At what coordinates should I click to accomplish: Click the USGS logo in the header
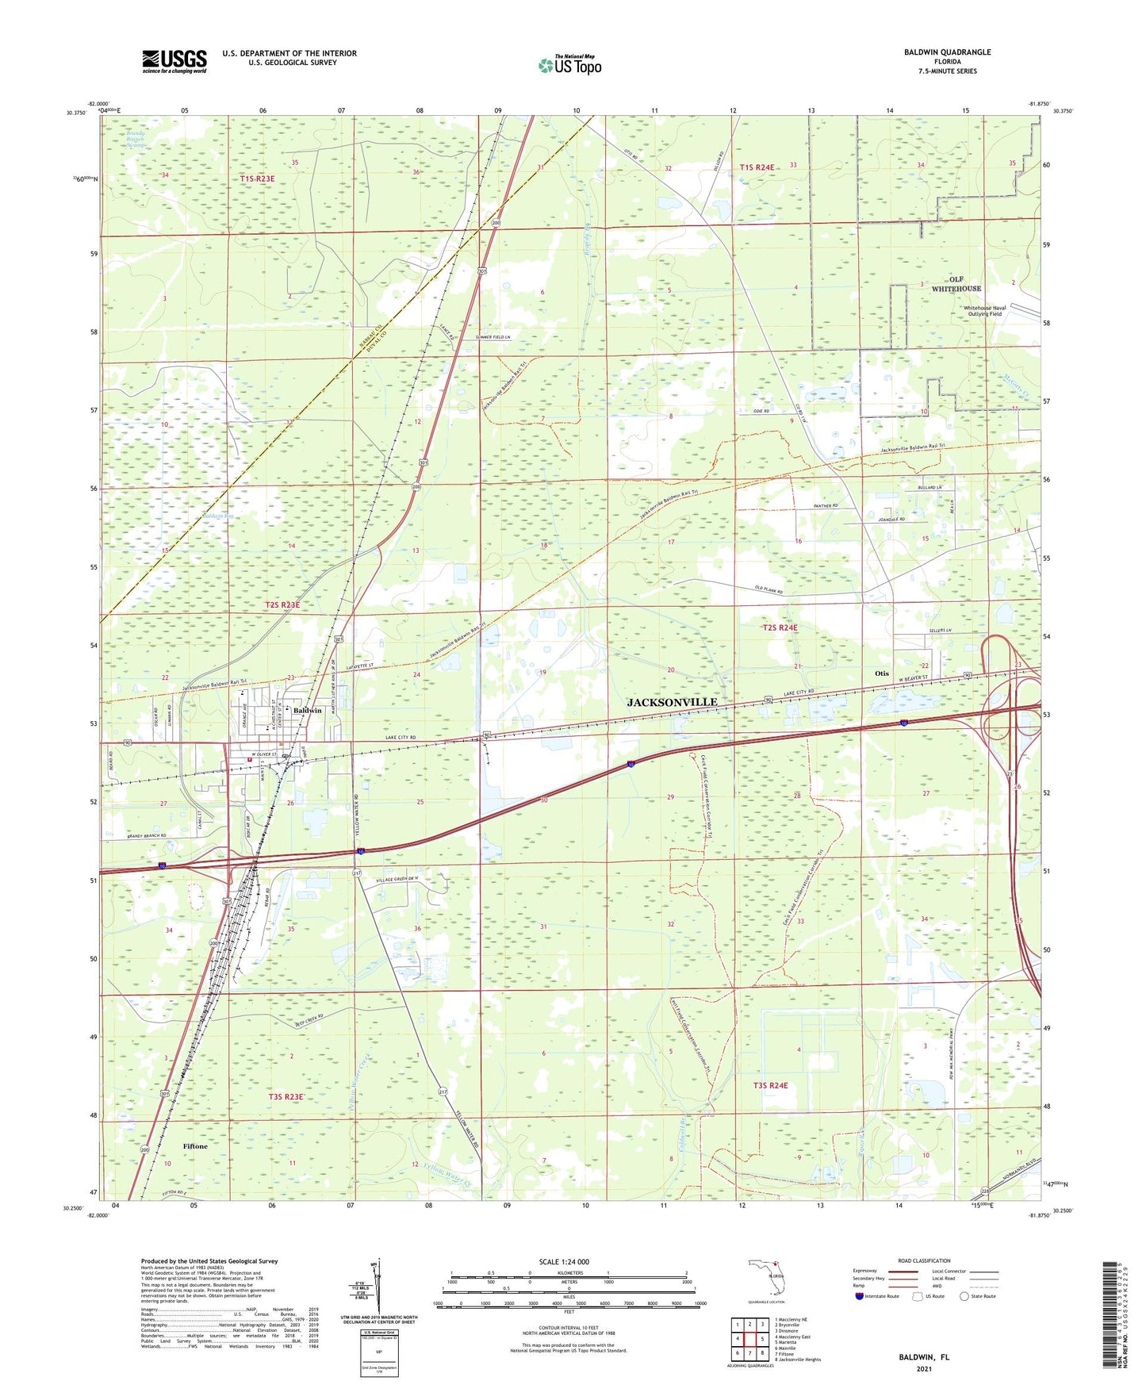(x=174, y=61)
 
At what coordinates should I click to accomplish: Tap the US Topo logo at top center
(x=569, y=65)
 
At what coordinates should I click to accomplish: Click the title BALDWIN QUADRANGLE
(x=947, y=52)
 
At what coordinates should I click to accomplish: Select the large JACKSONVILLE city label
(x=672, y=702)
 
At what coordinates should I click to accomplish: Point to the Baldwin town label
(x=307, y=710)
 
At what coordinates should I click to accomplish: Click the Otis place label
(x=881, y=673)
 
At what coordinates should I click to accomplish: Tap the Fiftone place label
(x=195, y=1146)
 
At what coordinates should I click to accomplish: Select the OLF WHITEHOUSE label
(x=956, y=284)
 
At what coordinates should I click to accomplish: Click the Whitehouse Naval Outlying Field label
(x=983, y=311)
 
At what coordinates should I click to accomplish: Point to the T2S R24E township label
(x=780, y=627)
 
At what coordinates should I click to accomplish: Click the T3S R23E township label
(x=286, y=1096)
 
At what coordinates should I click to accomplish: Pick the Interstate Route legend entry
(x=878, y=1296)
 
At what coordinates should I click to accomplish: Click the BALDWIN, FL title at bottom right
(x=924, y=1357)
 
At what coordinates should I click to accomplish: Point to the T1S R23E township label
(x=257, y=179)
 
